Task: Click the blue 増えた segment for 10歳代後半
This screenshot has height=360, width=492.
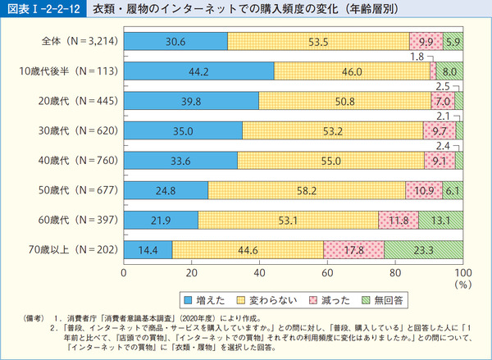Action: coord(198,72)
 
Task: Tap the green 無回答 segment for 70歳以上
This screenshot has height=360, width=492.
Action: coord(423,249)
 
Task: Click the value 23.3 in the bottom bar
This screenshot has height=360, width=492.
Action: coord(424,249)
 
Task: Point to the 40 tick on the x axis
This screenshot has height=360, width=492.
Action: coord(259,271)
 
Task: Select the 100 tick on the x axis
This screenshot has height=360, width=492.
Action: coord(462,271)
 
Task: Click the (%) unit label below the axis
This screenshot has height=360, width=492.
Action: coord(463,285)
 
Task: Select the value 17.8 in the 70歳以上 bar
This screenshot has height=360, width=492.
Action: coord(353,249)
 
